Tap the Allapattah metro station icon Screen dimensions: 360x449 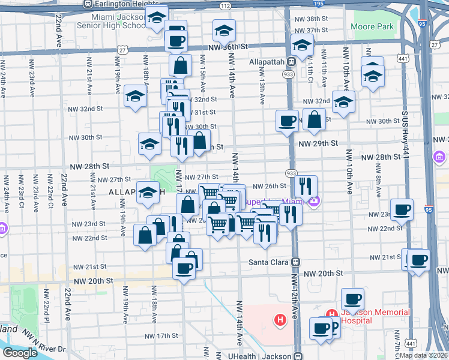click(291, 62)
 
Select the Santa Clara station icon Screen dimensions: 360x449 click(295, 262)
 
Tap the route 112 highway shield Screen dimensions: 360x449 click(224, 5)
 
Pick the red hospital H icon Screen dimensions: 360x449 click(279, 320)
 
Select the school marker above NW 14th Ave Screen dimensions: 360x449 click(224, 30)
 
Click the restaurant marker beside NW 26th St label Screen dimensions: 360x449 click(306, 186)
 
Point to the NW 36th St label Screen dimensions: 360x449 click(228, 46)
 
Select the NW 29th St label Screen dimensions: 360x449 click(318, 144)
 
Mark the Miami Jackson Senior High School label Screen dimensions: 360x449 click(112, 22)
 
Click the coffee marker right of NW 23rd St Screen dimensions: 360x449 click(402, 209)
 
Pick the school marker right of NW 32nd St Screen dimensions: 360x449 click(343, 102)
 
